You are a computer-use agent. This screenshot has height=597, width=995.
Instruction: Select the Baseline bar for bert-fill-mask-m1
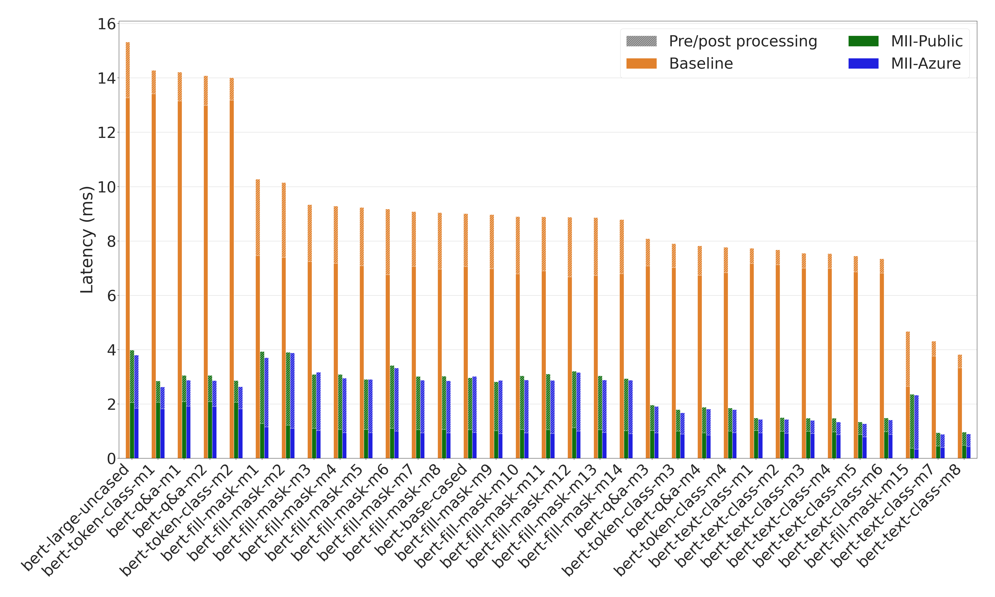258,322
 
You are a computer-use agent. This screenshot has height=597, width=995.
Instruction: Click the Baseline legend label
701,63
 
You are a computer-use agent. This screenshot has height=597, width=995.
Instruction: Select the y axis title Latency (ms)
87,240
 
